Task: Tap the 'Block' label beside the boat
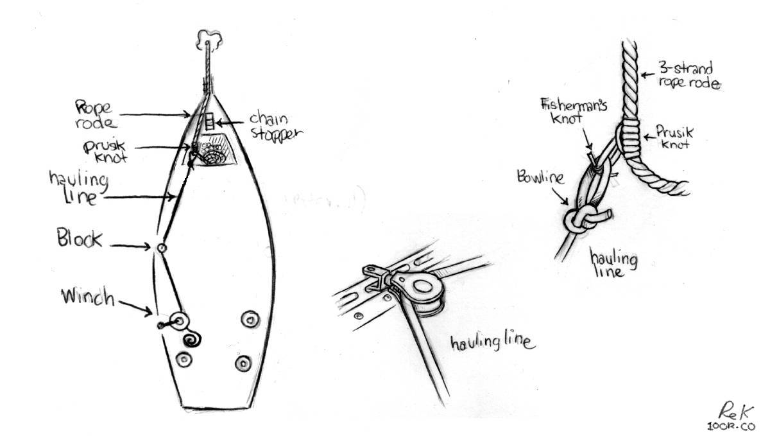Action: pos(80,240)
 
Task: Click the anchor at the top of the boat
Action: pos(207,39)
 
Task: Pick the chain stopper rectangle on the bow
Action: pos(209,121)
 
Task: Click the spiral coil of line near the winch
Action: pos(191,338)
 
